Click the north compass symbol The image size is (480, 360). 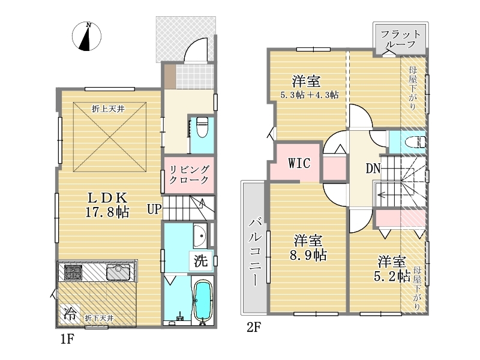(x=86, y=36)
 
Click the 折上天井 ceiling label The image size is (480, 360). (x=108, y=109)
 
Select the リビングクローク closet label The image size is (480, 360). (x=189, y=175)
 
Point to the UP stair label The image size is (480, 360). (x=154, y=209)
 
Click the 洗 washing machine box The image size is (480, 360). (x=201, y=261)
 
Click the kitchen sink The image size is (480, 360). (x=118, y=272)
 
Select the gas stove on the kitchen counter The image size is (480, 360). (x=73, y=272)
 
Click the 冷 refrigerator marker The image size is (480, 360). (x=70, y=314)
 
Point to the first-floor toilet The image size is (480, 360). (x=202, y=127)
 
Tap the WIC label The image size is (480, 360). (x=299, y=163)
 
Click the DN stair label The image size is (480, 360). (x=373, y=168)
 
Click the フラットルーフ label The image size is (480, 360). (x=400, y=39)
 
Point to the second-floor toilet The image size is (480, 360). (x=415, y=142)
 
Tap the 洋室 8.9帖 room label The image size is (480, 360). (x=308, y=248)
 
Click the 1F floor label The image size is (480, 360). (x=67, y=339)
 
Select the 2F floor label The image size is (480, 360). (x=254, y=328)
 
